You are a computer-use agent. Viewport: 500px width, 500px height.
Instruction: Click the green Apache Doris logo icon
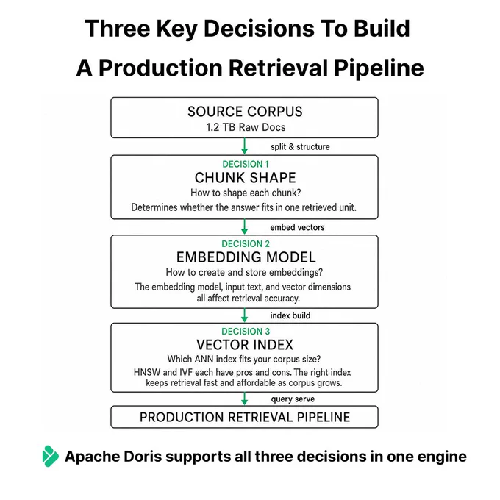51,456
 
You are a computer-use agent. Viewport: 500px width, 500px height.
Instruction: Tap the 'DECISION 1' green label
246,164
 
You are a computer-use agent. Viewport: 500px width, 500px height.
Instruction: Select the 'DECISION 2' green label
246,244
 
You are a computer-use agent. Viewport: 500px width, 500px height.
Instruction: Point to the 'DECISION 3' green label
246,332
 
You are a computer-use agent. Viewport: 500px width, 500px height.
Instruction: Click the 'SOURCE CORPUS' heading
245,112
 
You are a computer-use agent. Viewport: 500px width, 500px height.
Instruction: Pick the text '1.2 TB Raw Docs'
246,127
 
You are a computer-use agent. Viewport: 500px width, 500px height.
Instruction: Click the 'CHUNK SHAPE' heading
245,178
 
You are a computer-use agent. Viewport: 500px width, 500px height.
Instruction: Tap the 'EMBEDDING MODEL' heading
246,257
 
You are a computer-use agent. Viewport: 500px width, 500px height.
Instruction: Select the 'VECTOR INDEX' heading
245,345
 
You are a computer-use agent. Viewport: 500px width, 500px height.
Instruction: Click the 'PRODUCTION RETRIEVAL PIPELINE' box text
245,417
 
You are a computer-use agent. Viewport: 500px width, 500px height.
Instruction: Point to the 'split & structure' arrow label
300,146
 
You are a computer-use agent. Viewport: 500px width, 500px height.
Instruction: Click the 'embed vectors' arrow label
297,227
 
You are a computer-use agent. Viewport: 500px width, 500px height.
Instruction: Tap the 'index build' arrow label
290,315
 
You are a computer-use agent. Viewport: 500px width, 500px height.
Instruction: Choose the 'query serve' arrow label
293,399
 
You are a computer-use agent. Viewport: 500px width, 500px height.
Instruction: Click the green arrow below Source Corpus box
245,146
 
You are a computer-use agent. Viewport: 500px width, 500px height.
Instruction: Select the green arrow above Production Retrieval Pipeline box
245,399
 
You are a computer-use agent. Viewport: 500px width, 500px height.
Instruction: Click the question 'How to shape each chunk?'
246,193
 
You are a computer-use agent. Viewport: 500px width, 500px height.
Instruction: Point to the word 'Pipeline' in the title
379,68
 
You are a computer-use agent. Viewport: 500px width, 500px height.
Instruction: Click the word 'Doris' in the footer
143,457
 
